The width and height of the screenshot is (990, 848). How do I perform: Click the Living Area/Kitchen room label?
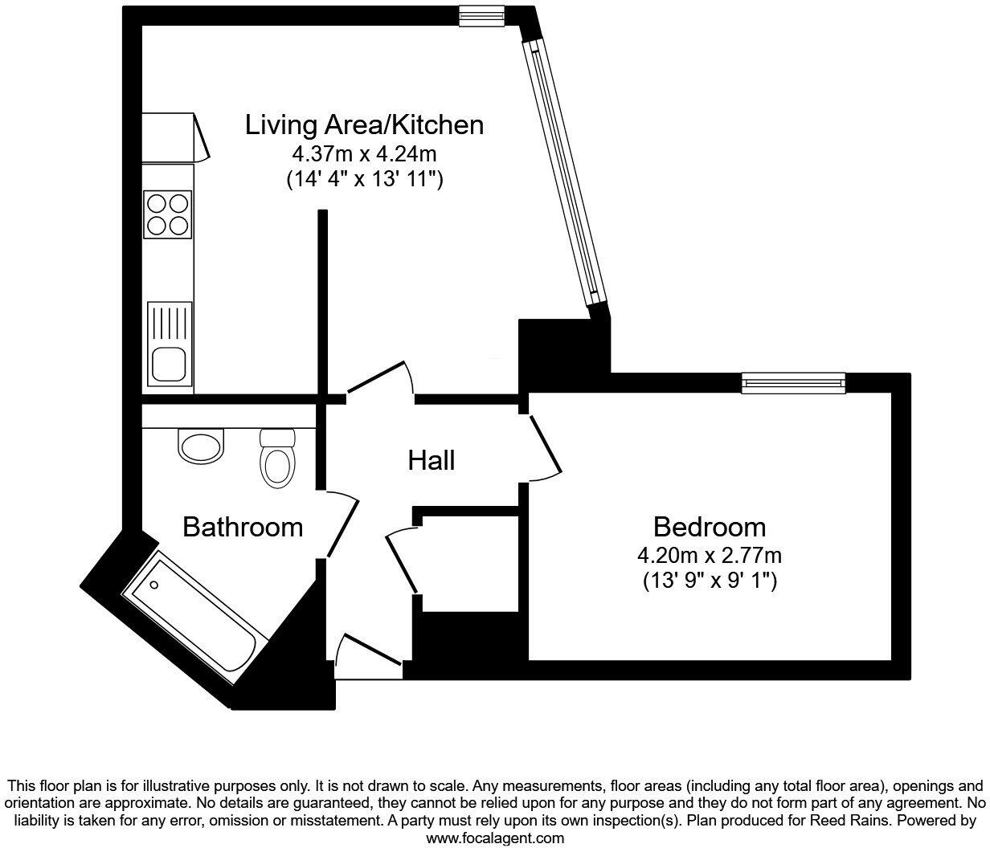click(x=364, y=125)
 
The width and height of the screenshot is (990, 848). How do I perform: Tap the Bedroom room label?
click(x=709, y=528)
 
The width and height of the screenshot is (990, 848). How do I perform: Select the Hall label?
click(x=432, y=461)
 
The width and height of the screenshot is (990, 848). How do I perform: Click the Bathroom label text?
click(x=243, y=528)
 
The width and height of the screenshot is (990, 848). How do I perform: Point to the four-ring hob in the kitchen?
click(x=168, y=214)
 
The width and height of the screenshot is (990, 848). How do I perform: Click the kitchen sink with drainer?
click(x=170, y=342)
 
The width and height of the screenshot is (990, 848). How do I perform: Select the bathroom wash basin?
click(x=201, y=446)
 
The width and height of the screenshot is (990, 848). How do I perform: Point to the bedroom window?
click(x=793, y=383)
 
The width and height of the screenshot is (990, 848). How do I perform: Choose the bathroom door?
click(x=342, y=524)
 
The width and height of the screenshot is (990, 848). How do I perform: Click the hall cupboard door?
click(x=402, y=559)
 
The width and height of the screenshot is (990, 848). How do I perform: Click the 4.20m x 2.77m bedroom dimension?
click(x=709, y=555)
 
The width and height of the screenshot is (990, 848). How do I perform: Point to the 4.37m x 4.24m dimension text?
click(x=364, y=153)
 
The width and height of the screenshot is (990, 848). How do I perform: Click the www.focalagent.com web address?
click(x=494, y=838)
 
